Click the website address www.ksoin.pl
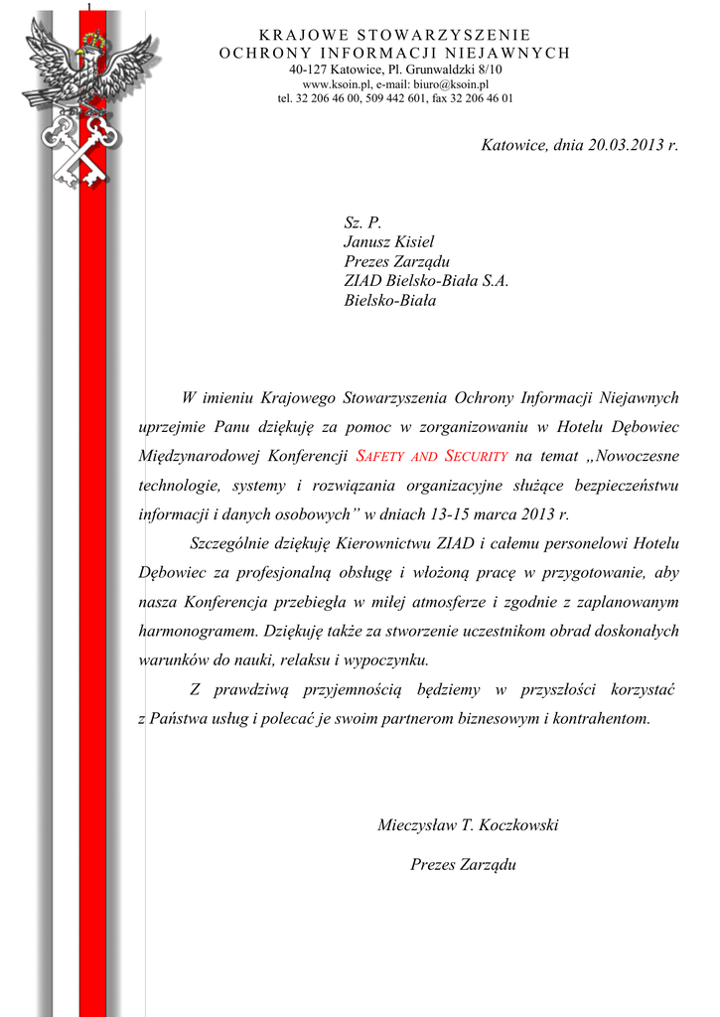(337, 84)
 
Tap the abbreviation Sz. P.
(362, 221)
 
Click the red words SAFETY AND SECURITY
(432, 457)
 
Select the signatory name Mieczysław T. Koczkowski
(468, 825)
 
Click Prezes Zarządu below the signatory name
(464, 865)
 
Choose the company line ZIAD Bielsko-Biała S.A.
(426, 281)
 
